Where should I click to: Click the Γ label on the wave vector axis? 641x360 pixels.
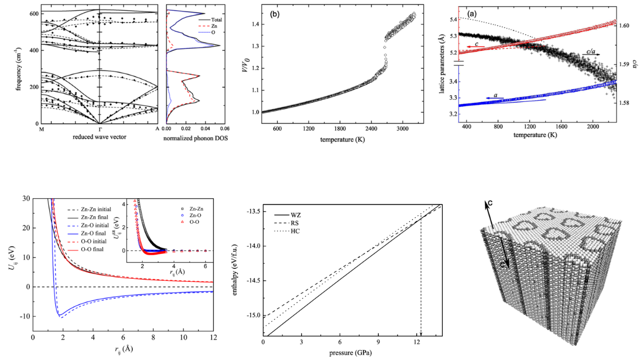click(99, 129)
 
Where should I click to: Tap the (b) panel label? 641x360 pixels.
click(275, 14)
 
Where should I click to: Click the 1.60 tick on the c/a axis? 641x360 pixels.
click(624, 25)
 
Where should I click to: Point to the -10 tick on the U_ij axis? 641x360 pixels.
click(23, 316)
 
